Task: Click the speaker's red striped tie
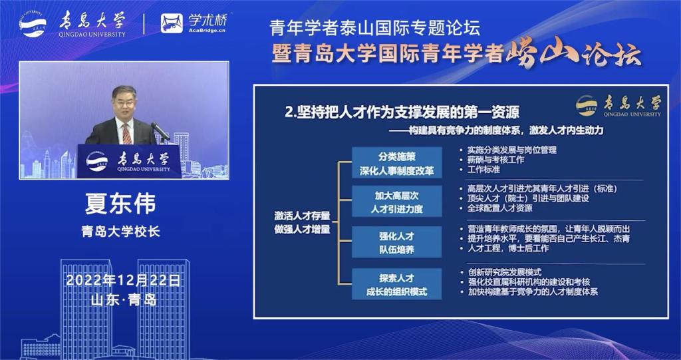point(126,134)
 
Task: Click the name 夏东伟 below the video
point(120,204)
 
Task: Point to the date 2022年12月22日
point(123,280)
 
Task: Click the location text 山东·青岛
point(124,300)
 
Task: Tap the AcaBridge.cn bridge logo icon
point(172,23)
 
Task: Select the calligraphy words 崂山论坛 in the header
point(573,55)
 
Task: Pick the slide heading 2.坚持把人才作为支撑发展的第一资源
point(402,112)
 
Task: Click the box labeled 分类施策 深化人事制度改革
point(397,162)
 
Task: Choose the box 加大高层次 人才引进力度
point(397,201)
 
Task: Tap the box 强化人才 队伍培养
point(397,242)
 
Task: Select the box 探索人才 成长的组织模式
point(397,284)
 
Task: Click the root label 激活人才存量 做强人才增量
point(303,222)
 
